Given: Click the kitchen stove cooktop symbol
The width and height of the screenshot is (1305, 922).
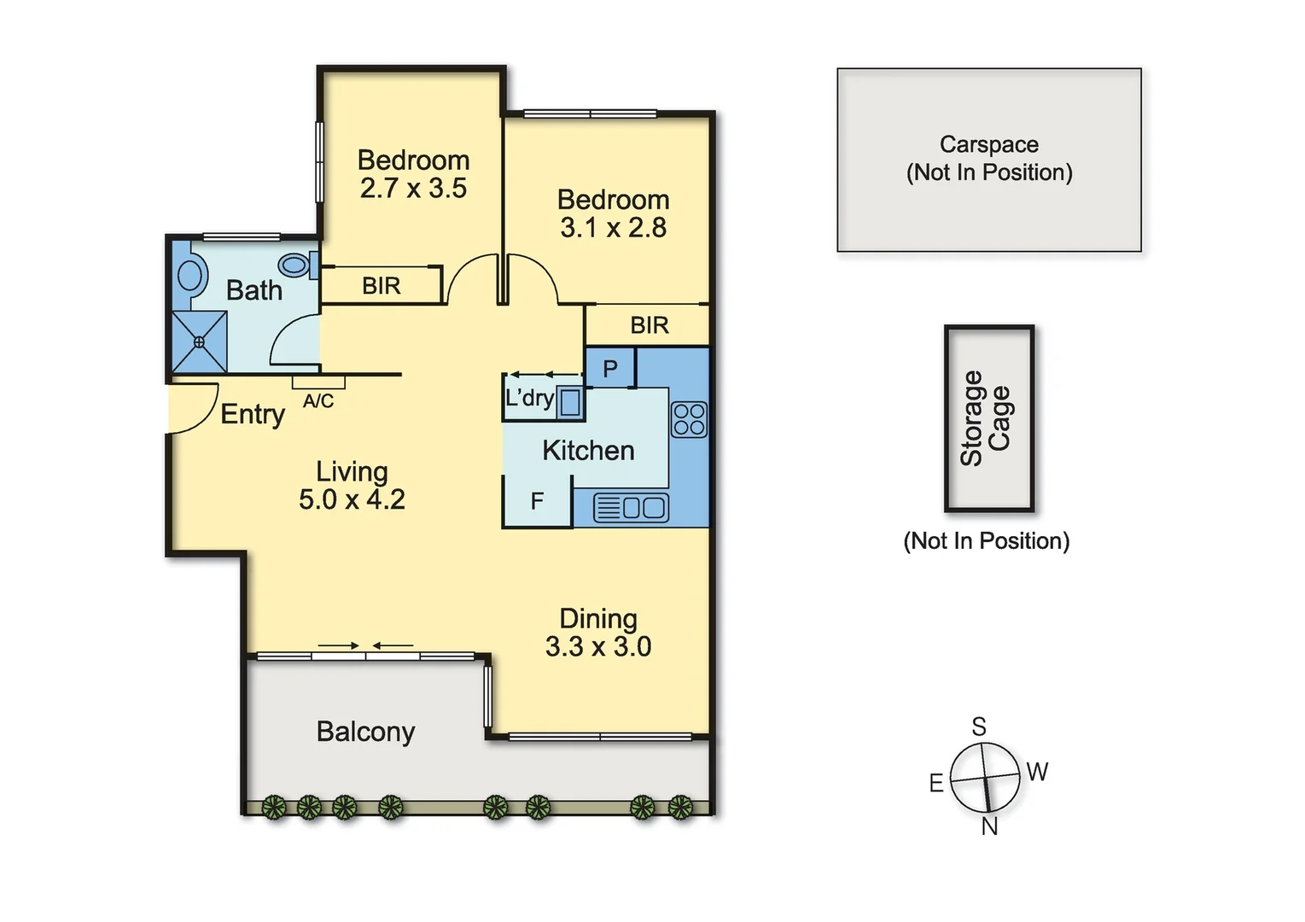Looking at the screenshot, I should [x=689, y=419].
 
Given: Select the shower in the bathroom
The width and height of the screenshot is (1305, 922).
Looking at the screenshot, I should [x=200, y=341].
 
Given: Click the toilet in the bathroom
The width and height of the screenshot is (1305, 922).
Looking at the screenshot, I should [x=296, y=265].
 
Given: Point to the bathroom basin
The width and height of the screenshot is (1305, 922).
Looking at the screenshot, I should [x=189, y=276].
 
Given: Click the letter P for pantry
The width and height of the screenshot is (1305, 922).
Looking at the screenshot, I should [x=610, y=369].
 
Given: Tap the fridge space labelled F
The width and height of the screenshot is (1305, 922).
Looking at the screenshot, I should [x=537, y=501].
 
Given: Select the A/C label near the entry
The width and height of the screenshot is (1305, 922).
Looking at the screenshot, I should [x=318, y=401].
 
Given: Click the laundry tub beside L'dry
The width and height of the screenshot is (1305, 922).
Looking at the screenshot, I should [x=570, y=401].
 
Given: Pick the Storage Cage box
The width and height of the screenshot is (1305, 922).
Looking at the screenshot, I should [x=988, y=418].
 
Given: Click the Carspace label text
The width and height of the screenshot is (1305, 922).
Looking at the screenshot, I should [x=988, y=144].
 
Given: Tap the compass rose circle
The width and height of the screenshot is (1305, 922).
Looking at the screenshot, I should [x=985, y=778].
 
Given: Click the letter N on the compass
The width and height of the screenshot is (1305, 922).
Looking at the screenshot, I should [x=989, y=826].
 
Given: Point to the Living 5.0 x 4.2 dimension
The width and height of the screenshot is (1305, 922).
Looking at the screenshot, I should [x=352, y=499].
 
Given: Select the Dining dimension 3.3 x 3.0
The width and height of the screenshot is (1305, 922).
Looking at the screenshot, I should [x=598, y=647].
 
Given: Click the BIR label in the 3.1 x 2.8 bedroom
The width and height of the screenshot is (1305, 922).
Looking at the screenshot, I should [x=650, y=325].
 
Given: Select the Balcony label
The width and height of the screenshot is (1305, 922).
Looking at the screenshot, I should [x=365, y=732].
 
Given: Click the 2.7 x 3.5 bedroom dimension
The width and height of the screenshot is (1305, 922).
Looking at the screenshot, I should [x=413, y=189].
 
